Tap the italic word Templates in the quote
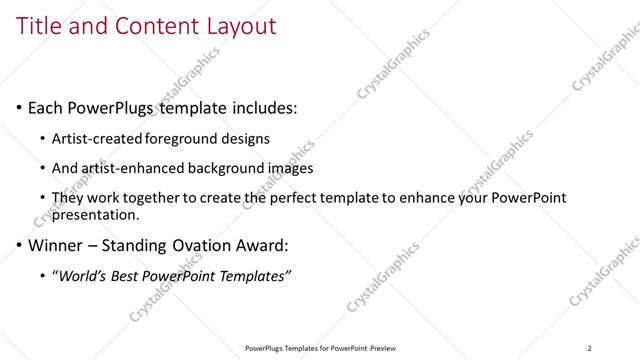(x=254, y=276)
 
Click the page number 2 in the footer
(x=590, y=347)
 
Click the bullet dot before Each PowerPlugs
(x=20, y=108)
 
